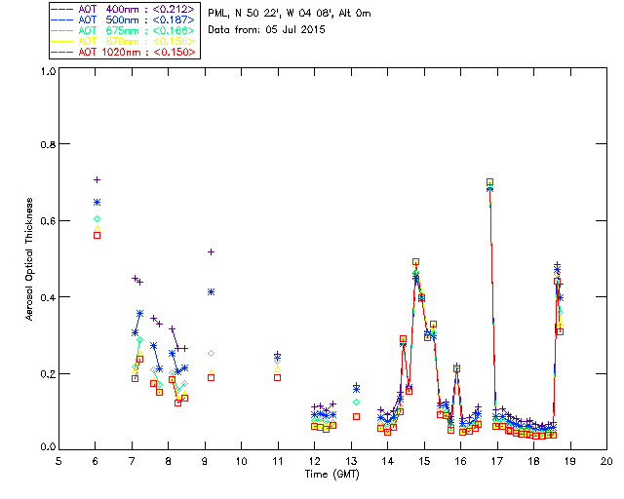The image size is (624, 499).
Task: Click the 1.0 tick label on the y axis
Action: tap(46, 71)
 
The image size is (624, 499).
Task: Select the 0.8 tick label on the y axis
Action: tap(46, 146)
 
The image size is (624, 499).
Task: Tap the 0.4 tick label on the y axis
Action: tap(46, 297)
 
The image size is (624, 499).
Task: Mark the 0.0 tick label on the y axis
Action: tap(46, 447)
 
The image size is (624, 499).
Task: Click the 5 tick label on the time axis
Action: tap(58, 461)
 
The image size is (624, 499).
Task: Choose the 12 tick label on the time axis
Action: tap(315, 461)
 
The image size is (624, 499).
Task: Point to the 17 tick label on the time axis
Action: tap(497, 461)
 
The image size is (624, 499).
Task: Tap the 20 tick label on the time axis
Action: tap(606, 461)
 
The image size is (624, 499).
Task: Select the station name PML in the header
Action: tap(217, 13)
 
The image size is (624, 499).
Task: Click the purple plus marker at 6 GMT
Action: tap(97, 179)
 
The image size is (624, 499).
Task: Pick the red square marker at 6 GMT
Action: tap(97, 235)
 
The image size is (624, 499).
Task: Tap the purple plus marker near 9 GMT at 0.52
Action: tap(211, 251)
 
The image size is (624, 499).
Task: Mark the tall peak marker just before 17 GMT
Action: tap(489, 182)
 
